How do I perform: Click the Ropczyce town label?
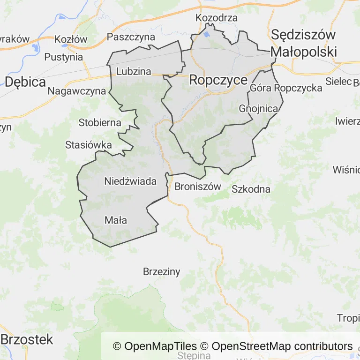[x=218, y=80]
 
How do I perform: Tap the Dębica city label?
[x=25, y=82]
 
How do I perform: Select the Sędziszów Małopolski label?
[x=304, y=43]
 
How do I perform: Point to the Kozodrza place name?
[x=217, y=18]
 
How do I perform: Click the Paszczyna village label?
[x=131, y=37]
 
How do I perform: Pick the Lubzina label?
[x=134, y=72]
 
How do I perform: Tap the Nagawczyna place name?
[x=77, y=91]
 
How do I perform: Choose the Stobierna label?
[x=100, y=123]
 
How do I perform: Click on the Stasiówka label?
[x=89, y=145]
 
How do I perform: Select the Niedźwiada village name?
[x=130, y=181]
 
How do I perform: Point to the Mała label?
[x=116, y=220]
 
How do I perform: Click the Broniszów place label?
[x=197, y=187]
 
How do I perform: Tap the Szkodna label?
[x=251, y=189]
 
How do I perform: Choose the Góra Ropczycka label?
[x=286, y=88]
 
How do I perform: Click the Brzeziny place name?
[x=161, y=271]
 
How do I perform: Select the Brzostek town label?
[x=28, y=340]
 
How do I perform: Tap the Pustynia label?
[x=63, y=57]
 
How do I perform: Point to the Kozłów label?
[x=71, y=39]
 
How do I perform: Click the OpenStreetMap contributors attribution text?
[x=282, y=346]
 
